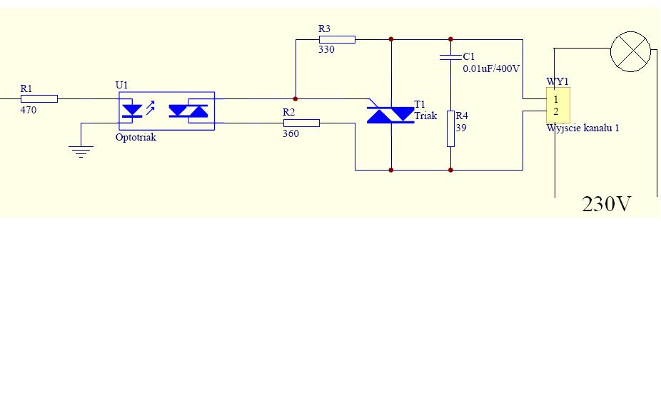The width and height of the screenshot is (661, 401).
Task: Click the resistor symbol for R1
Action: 39,99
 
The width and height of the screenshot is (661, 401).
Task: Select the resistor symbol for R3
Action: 337,39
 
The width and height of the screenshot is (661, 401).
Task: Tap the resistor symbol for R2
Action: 301,123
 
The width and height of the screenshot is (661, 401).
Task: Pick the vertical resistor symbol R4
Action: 450,129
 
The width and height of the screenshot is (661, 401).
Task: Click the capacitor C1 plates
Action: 450,57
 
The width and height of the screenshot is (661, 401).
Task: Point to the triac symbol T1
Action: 390,115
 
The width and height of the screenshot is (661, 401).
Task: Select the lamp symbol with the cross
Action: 630,51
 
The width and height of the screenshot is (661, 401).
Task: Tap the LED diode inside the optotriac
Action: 132,111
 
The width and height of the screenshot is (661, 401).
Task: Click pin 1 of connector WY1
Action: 556,99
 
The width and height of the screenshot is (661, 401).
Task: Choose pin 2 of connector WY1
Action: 556,111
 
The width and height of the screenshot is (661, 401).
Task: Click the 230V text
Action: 606,204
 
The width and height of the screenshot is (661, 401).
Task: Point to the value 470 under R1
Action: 29,110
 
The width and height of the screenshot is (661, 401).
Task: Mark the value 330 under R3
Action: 326,50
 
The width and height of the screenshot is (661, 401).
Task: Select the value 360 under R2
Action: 291,133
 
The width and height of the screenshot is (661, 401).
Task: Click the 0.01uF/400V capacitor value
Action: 491,68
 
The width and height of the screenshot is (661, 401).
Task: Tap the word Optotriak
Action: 136,137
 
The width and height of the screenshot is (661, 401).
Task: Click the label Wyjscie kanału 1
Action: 583,128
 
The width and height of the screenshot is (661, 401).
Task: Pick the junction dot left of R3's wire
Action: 296,99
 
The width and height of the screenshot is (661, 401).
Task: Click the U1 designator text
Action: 122,85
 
